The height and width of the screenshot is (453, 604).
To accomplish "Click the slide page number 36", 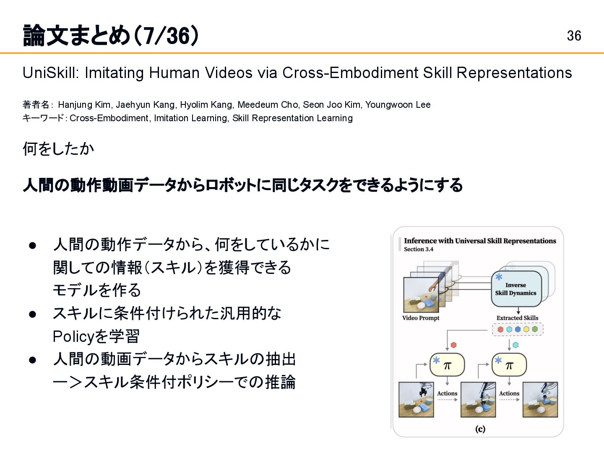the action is coord(574,36).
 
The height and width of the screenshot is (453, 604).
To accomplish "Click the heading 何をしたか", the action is coord(58,149).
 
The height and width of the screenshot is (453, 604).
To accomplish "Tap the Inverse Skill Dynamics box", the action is coord(516,289).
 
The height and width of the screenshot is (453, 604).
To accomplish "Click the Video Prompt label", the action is coord(421,318).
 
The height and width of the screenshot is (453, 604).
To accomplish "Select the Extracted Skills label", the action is coord(517,318).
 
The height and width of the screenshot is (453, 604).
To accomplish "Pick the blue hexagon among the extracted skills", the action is coord(518,329).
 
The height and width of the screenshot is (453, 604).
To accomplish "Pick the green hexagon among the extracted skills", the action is coord(535,329).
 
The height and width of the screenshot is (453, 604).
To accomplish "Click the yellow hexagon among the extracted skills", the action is coord(526,329).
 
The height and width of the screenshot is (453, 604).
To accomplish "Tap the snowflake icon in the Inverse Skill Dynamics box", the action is coord(499,277).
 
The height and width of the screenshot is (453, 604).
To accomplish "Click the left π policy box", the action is coord(447,365).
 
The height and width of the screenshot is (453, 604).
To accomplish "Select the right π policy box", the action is coord(509,365).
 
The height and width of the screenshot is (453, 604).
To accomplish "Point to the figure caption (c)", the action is coord(480,429).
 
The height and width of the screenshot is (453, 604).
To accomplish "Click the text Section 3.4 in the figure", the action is coord(418,249).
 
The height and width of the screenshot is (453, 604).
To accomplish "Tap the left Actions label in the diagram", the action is coord(447,393).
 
